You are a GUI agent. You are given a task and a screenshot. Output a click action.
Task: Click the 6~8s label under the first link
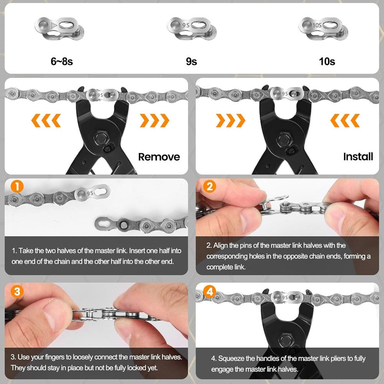point(61,61)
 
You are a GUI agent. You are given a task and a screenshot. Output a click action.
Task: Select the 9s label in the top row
point(191,61)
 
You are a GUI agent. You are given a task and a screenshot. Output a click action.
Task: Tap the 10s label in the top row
point(327,61)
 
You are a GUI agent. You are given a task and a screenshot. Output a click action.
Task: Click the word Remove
point(159,157)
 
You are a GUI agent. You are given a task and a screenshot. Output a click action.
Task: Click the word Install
point(358,157)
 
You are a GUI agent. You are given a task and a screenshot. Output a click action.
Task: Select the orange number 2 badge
point(210,187)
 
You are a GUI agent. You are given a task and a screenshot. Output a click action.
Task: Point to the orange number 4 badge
point(210,291)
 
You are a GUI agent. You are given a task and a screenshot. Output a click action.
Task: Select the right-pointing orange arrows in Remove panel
point(154,121)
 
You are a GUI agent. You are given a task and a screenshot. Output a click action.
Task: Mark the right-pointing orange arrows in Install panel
point(230,121)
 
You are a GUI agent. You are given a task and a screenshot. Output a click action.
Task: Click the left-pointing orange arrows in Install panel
point(344,121)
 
